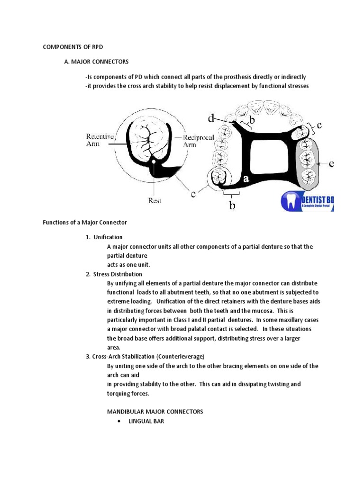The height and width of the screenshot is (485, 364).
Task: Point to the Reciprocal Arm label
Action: point(199,141)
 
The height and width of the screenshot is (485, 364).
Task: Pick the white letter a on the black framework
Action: point(246,179)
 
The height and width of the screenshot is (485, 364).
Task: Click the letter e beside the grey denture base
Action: point(331,164)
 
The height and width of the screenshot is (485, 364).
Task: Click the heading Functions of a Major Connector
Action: point(85,222)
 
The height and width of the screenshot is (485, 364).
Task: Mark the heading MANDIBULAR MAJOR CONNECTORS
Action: point(155,412)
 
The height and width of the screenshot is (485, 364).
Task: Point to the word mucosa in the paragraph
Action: point(260,311)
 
